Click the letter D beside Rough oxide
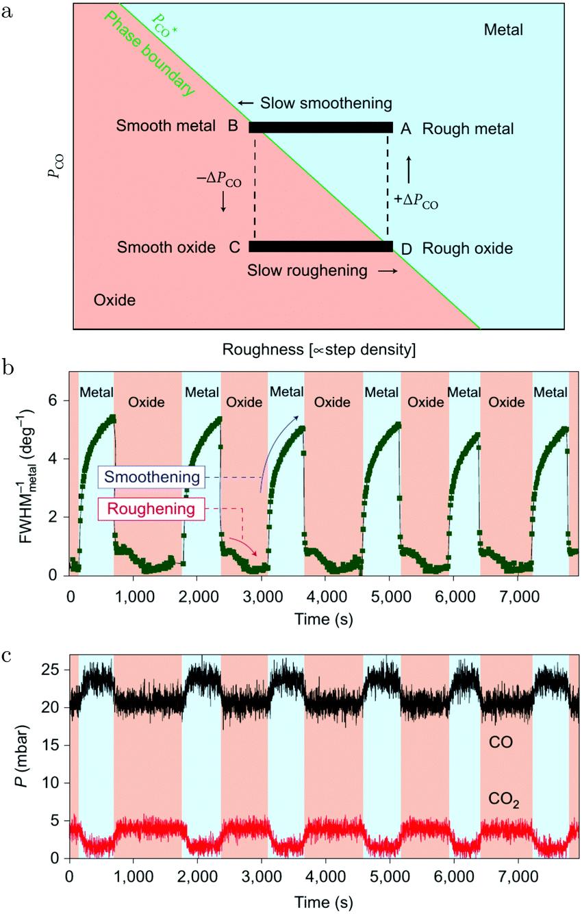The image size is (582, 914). (407, 249)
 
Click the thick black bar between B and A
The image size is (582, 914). (320, 127)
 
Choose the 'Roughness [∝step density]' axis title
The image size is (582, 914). (320, 350)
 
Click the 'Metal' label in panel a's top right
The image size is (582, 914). (503, 30)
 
